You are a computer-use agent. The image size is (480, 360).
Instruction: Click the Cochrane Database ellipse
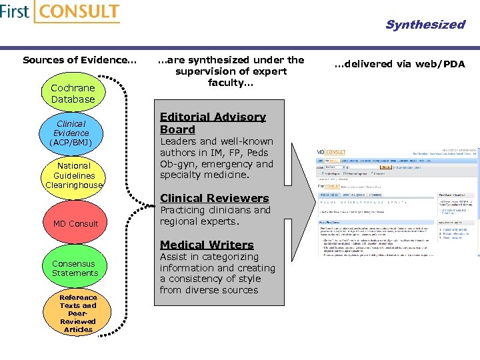coord(73,93)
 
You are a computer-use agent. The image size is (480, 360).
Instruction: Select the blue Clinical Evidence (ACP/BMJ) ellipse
coord(71,133)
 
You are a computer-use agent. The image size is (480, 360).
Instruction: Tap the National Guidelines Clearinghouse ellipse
coord(74,175)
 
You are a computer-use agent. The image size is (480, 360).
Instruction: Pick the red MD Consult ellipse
coord(75,223)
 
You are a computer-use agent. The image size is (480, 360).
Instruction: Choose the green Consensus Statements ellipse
coord(75,268)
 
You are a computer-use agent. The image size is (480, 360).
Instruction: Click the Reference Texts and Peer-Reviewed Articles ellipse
coord(78,313)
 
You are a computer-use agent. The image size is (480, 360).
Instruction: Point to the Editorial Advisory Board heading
coord(213,123)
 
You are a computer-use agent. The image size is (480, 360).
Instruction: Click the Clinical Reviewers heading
coord(214,198)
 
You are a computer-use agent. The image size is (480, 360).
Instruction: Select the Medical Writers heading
coord(207,245)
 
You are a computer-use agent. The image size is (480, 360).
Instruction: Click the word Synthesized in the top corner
coord(425,25)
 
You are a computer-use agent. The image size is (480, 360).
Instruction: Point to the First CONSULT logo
coord(60,12)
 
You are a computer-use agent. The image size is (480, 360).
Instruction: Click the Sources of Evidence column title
coord(79,60)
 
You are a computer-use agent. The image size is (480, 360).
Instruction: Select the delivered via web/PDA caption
coord(399,64)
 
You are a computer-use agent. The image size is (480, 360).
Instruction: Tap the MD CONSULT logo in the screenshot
coord(331,152)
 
